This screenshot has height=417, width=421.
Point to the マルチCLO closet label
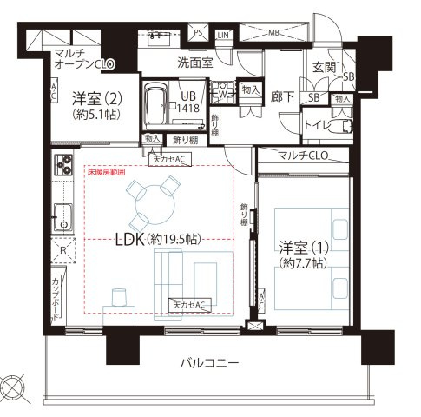pos(303,156)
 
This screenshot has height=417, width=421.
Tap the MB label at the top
pos(274,33)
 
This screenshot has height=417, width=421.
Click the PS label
pos(198,33)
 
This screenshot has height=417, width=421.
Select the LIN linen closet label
pos(224,34)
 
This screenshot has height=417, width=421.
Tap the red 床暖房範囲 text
pos(106,173)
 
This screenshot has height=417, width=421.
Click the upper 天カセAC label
pos(172,160)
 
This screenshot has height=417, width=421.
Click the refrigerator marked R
pos(62,248)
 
